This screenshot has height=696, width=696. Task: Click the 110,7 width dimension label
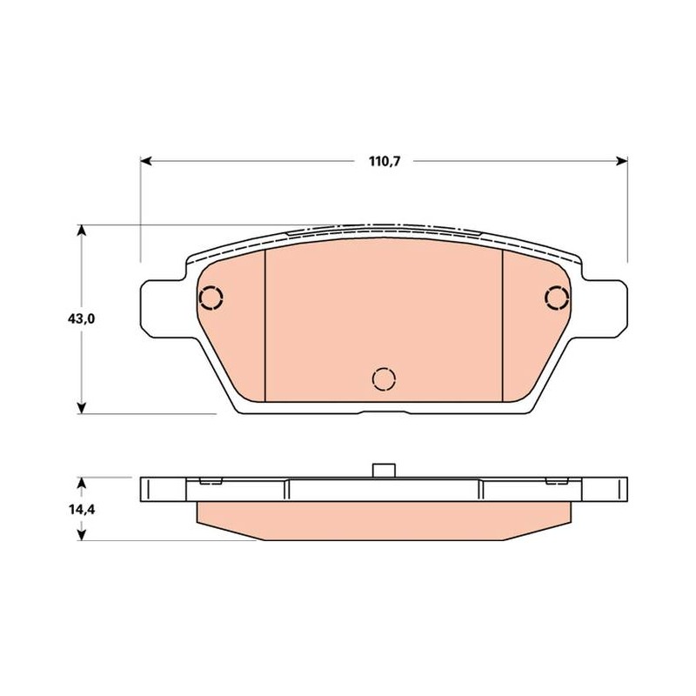tap(385, 162)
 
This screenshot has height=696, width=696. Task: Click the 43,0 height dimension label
tap(81, 318)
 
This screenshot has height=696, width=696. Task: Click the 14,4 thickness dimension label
tap(81, 510)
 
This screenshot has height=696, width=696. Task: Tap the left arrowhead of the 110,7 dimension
tap(146, 161)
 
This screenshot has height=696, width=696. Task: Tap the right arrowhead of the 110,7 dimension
tap(622, 161)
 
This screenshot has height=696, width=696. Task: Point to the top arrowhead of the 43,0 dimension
tap(81, 231)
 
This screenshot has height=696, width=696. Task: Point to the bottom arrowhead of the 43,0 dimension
tap(81, 408)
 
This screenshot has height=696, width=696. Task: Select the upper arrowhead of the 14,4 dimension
tap(81, 483)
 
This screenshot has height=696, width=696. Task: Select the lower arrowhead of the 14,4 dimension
tap(81, 535)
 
